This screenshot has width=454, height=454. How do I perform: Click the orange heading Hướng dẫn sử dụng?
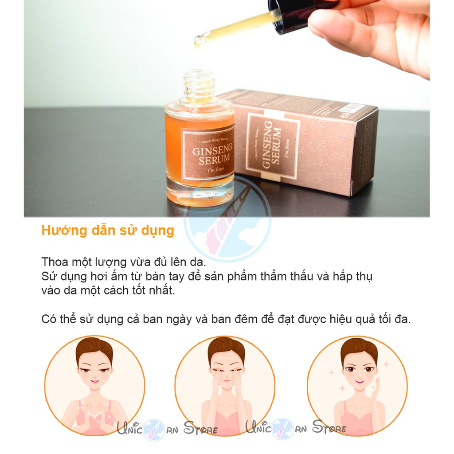(108, 231)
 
